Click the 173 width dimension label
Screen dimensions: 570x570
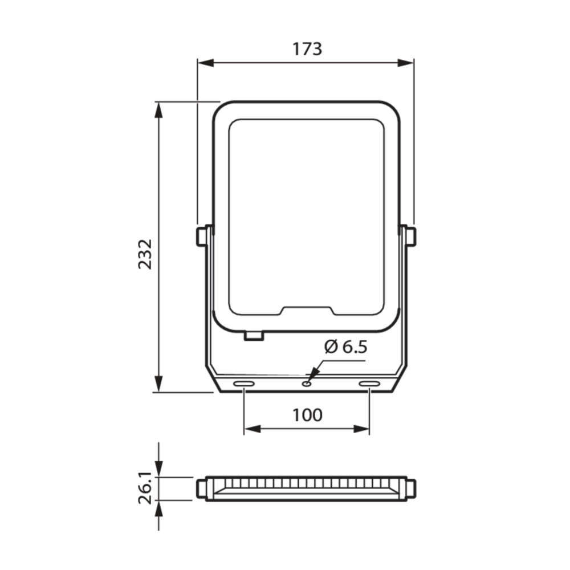coord(307,49)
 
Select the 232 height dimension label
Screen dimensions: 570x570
coord(145,254)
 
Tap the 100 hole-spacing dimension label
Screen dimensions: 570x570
coord(307,415)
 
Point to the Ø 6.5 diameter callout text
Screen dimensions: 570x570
coord(346,347)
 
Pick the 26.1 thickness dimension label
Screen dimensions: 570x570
coord(145,488)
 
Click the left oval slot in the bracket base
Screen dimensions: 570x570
coord(244,384)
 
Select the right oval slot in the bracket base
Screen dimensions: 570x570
coord(369,384)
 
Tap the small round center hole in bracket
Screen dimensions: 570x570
coord(307,384)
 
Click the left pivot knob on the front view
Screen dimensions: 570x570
coord(201,237)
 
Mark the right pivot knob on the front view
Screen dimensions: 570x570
coord(411,237)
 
